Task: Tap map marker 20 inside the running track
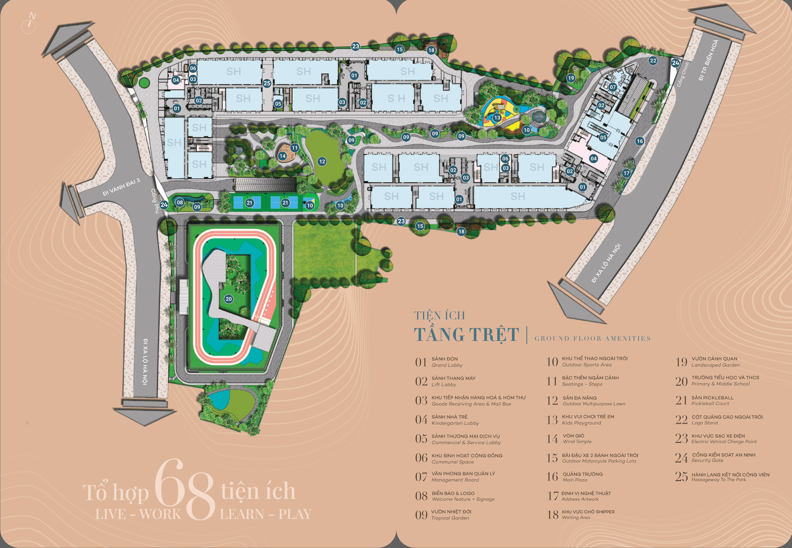229,299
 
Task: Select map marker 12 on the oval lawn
322,161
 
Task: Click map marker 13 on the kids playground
497,118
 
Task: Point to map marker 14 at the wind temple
282,156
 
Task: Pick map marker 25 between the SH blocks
267,83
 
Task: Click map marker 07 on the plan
613,87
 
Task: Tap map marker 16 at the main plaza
640,141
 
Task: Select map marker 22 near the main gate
653,61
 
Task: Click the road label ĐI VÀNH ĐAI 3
121,187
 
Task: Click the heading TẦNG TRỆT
466,335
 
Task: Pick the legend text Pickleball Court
710,403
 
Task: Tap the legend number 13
552,420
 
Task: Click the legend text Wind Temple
577,442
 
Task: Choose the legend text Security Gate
707,460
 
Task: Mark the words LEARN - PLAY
265,514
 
